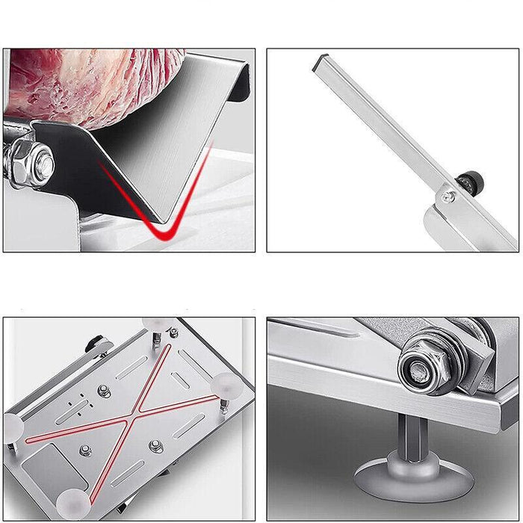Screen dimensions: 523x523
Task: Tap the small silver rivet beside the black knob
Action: pos(448,196)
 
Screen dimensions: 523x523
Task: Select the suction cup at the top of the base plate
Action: pos(155,324)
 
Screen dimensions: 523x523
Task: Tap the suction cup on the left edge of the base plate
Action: pos(13,427)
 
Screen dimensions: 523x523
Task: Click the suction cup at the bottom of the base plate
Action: pos(74,504)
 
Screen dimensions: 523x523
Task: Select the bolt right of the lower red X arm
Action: pos(155,446)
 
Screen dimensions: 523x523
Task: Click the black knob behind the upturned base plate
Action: pos(95,344)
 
